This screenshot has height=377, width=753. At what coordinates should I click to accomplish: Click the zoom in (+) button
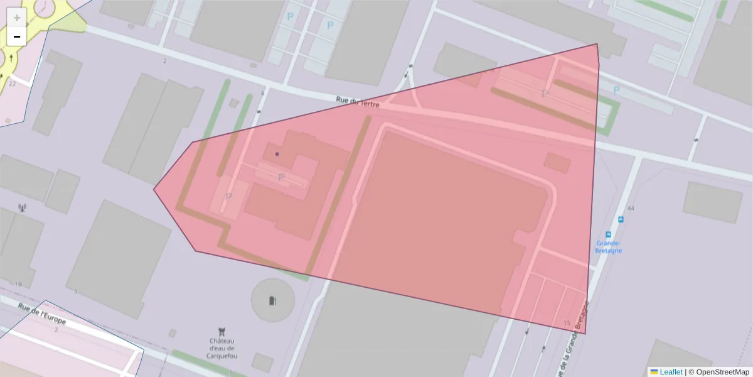(17, 18)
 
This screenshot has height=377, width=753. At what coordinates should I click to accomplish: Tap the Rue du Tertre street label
(358, 101)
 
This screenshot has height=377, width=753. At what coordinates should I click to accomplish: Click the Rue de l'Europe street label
(42, 314)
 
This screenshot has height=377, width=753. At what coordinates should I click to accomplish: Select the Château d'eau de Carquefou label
(222, 348)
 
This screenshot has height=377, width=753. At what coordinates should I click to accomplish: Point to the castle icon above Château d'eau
(221, 331)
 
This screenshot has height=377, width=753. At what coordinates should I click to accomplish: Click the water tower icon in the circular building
(272, 300)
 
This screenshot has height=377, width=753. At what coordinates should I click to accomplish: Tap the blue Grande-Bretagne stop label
(609, 246)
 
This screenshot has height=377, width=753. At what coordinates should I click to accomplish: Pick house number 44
(631, 208)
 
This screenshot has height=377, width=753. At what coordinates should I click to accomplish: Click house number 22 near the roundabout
(12, 83)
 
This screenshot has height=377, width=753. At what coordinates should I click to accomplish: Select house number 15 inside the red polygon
(567, 324)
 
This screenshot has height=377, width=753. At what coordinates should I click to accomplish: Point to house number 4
(262, 93)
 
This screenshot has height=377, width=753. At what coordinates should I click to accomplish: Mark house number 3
(75, 292)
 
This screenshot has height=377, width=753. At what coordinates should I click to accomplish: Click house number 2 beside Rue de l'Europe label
(56, 329)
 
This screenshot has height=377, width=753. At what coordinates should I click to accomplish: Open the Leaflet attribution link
(670, 372)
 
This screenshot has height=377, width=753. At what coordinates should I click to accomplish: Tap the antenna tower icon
(23, 207)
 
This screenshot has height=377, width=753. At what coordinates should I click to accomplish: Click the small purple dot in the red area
(277, 153)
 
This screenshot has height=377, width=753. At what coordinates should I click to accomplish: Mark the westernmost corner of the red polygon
(154, 189)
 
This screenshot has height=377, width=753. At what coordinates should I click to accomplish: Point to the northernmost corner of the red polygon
(597, 44)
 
